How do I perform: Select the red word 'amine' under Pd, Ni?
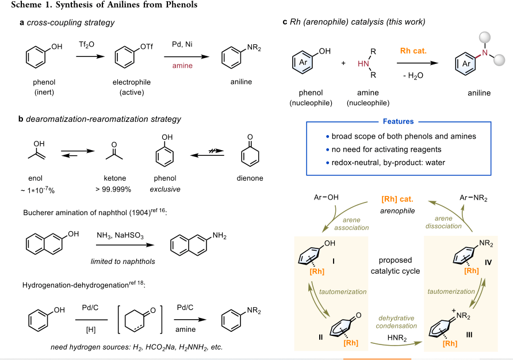tap(182, 66)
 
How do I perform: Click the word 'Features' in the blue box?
tap(398, 121)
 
